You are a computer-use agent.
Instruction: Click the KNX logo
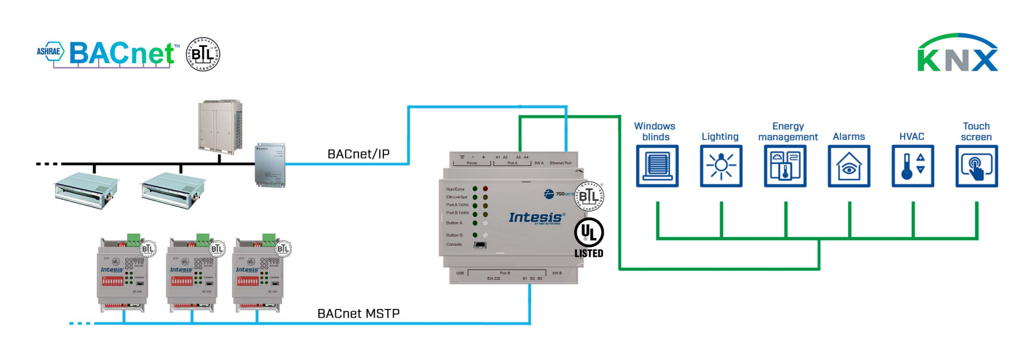pos(957,53)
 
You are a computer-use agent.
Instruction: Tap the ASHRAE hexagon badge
pos(50,52)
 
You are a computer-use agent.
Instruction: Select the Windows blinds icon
pos(657,166)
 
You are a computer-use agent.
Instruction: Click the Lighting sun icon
pos(721,166)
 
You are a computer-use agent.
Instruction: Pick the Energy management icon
pos(785,166)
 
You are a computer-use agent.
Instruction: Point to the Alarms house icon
pos(849,166)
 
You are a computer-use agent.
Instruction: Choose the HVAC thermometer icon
pos(913,166)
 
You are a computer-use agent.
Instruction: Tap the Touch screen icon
pos(977,166)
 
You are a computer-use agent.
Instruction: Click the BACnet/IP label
pos(358,154)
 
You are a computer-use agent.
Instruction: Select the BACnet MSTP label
pos(358,314)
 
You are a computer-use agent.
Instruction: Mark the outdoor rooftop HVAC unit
pos(220,126)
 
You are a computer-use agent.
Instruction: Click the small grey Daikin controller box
pos(270,165)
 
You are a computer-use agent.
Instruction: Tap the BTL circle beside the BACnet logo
pos(202,54)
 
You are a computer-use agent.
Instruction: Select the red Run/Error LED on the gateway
pos(485,189)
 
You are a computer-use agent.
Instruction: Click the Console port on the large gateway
pos(480,245)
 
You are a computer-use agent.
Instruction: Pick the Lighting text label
pos(720,137)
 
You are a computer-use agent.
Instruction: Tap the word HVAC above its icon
pos(912,137)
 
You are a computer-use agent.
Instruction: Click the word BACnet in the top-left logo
pos(122,54)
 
